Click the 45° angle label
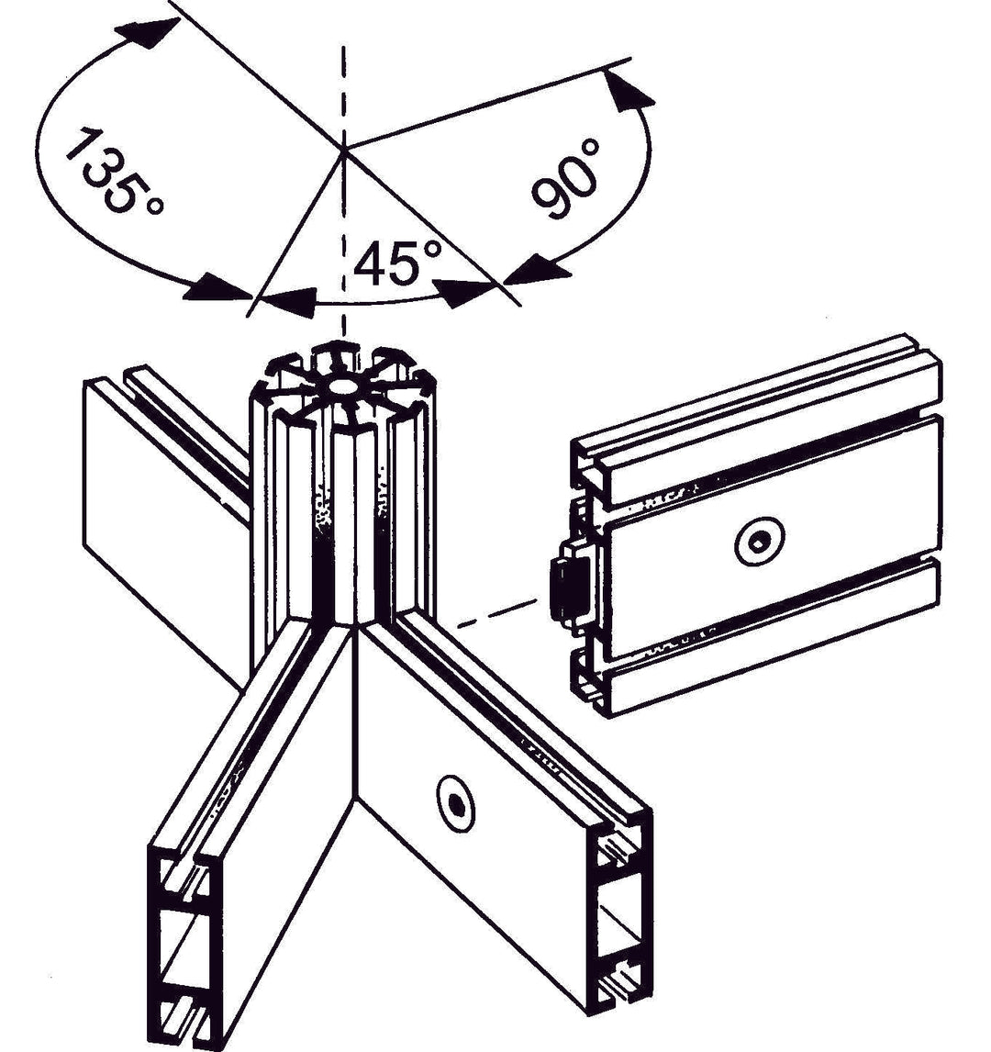[397, 263]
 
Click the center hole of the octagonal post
[342, 386]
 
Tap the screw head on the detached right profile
[760, 542]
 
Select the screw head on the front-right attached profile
[456, 801]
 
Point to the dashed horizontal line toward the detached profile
[496, 612]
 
